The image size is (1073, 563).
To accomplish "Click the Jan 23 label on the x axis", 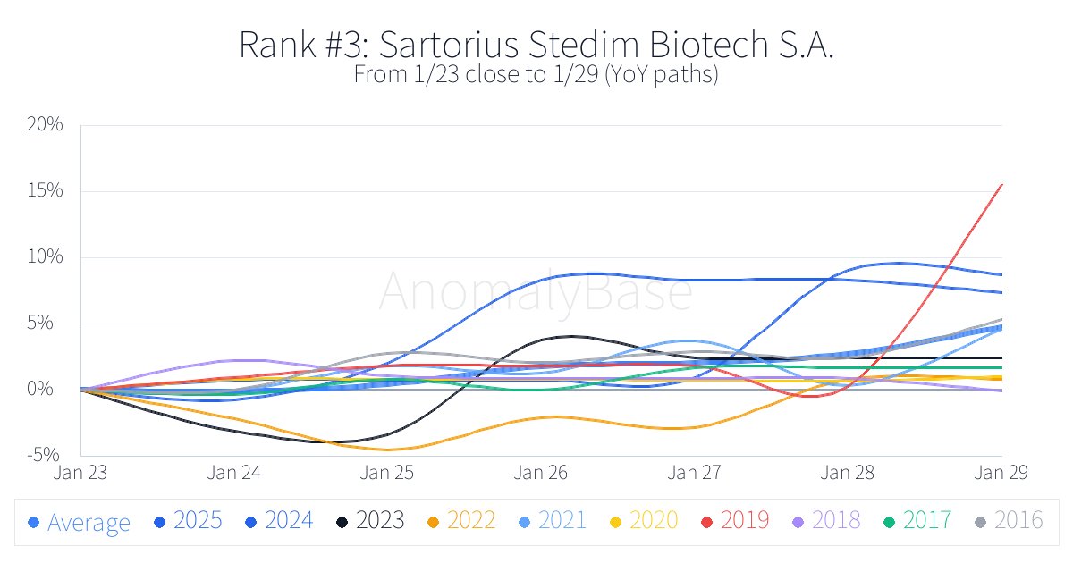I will tap(80, 472).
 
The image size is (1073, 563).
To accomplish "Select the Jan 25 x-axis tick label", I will tap(388, 472).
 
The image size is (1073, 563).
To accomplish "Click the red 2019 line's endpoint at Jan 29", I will tap(1001, 184).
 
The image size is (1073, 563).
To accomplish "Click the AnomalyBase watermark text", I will tap(535, 290).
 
